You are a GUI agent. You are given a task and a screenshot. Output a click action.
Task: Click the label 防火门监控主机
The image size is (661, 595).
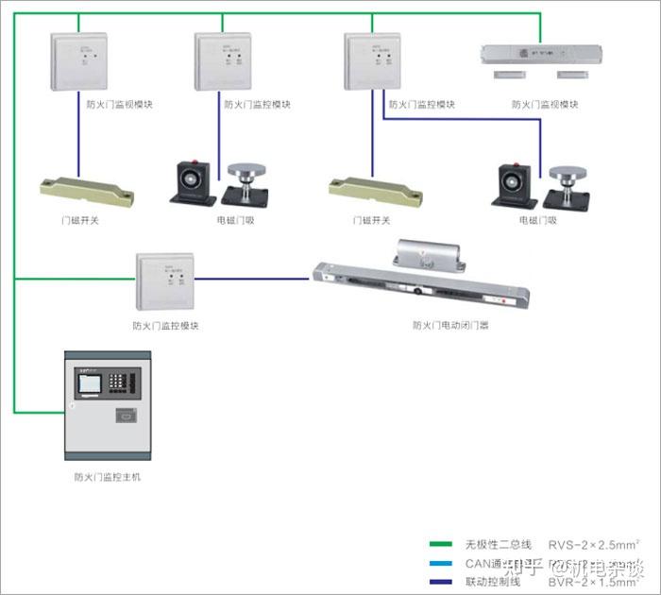(x=108, y=477)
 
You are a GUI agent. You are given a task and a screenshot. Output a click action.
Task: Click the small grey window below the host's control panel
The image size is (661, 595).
(x=126, y=415)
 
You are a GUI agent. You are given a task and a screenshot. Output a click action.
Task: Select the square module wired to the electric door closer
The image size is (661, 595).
(x=166, y=280)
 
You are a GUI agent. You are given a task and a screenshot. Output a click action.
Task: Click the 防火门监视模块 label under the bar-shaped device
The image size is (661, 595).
(x=545, y=105)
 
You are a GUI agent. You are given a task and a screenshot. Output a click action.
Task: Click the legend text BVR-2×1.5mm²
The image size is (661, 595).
(x=593, y=581)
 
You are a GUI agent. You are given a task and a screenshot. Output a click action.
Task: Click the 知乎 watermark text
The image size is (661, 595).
(x=525, y=569)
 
